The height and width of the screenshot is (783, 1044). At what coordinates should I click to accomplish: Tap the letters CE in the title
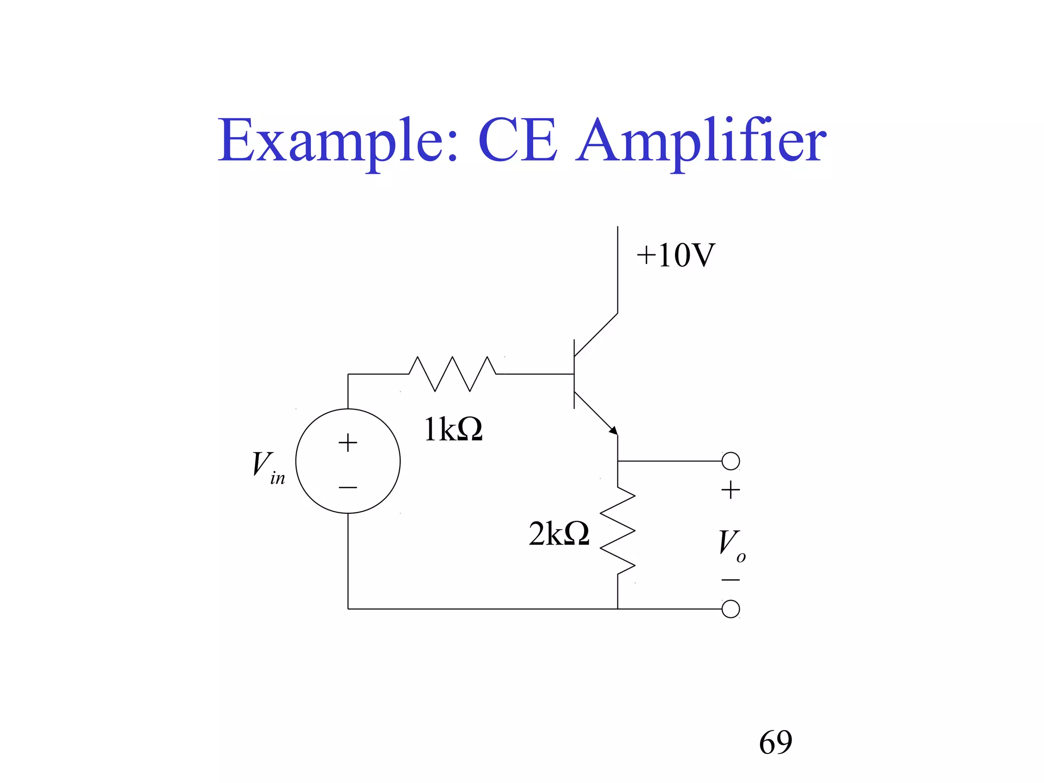coord(517,140)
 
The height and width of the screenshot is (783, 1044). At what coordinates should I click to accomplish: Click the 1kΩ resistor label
coord(453,430)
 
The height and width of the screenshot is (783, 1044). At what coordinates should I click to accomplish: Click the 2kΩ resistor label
coord(559,534)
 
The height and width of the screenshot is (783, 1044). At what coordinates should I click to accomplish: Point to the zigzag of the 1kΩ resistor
coord(453,374)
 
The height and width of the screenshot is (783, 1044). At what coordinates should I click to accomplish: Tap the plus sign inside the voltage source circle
coord(348,442)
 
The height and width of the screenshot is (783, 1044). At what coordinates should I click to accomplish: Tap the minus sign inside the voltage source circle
coord(348,487)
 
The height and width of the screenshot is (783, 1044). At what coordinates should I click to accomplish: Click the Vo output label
coord(731,544)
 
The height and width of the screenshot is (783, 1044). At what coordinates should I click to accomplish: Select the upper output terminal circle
coord(730,461)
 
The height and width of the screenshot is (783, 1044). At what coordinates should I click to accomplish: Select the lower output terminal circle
coord(730,609)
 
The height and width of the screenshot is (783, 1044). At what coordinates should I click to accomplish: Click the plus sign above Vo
coord(730,490)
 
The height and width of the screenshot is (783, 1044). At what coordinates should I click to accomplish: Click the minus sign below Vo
coord(730,580)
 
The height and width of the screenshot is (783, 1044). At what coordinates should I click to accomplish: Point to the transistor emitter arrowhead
coord(614,431)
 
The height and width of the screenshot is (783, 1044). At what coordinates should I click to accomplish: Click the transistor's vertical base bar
coord(575,374)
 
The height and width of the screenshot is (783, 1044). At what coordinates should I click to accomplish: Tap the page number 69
coord(775,742)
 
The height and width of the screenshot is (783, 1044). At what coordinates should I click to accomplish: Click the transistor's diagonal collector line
coord(596,334)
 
